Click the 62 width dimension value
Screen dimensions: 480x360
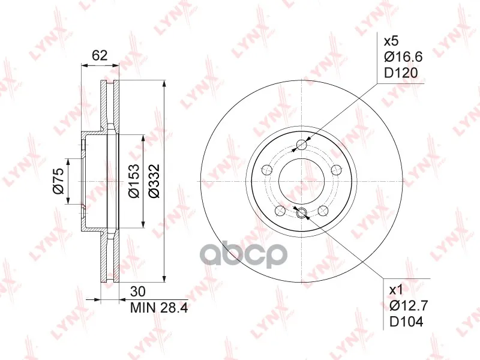100,55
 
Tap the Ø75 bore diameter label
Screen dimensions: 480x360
58,181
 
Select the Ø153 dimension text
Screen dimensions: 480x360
134,181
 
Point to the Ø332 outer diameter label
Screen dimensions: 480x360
154,181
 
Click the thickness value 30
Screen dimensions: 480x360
138,292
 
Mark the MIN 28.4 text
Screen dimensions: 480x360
159,308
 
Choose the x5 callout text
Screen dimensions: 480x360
391,41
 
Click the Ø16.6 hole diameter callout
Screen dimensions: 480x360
403,56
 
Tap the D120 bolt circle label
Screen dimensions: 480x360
401,73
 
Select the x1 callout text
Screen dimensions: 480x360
397,290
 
